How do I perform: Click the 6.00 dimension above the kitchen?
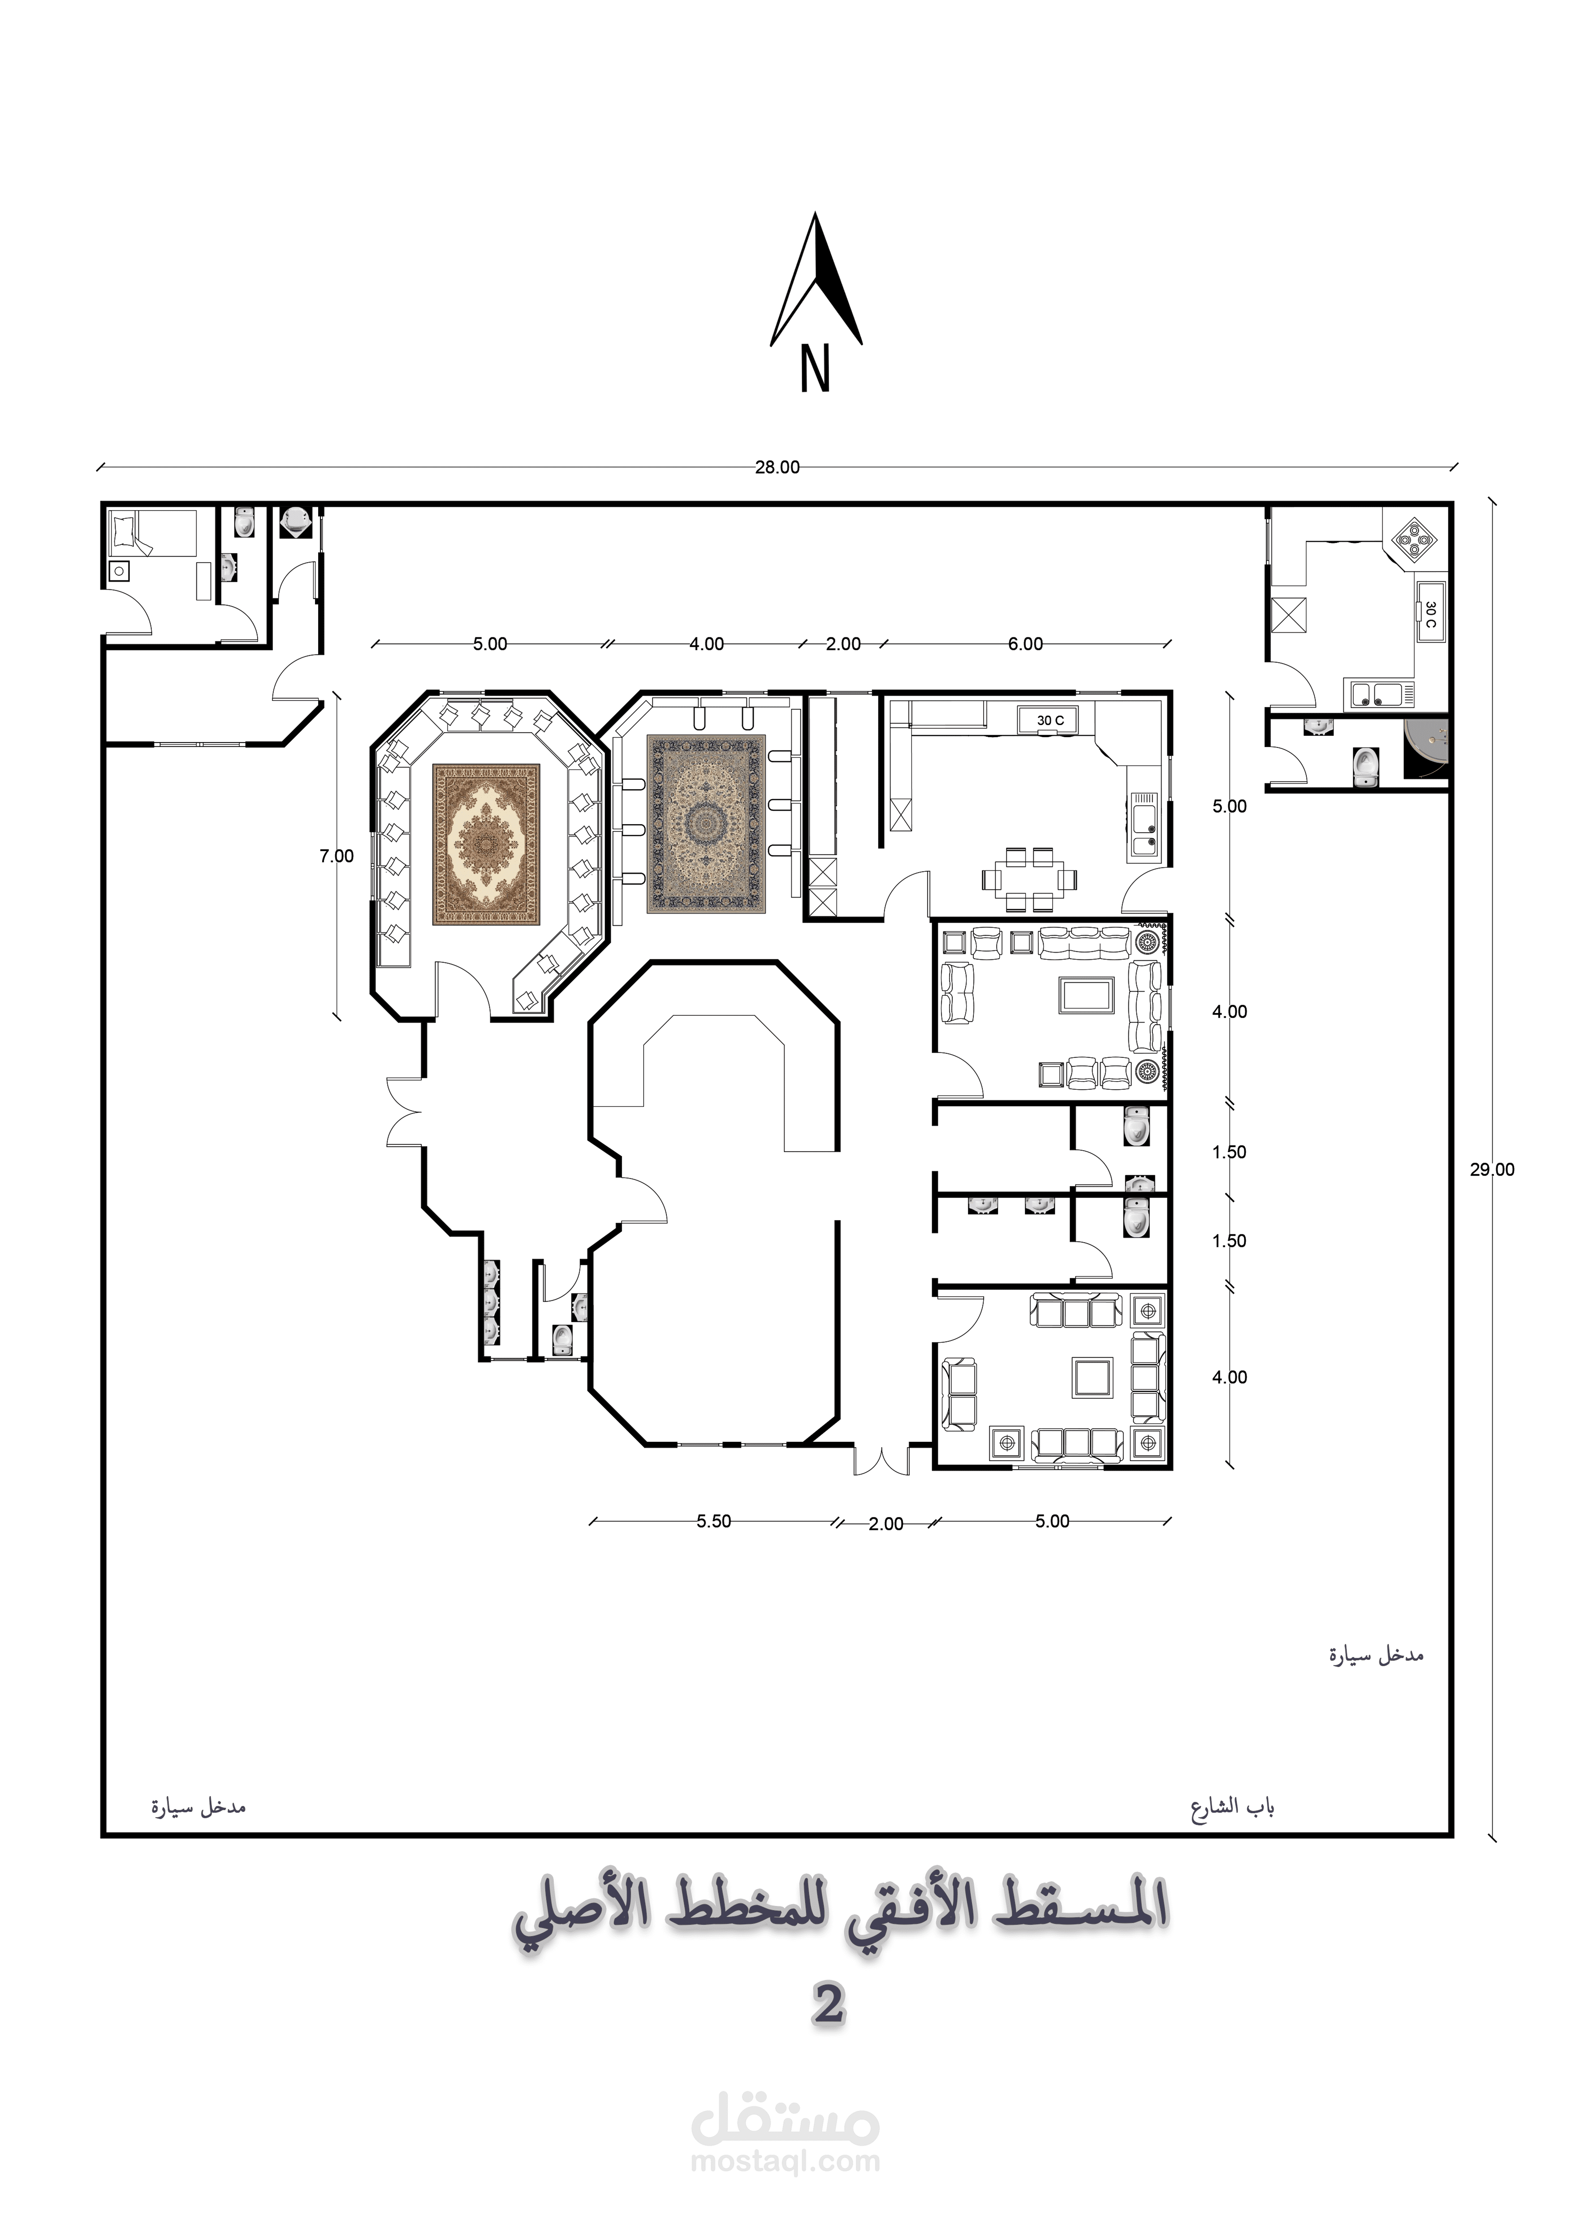coord(1025,644)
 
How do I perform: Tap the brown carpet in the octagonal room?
coord(486,844)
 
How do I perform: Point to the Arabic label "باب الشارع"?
coord(1232,1807)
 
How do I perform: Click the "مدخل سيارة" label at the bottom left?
coord(199,1807)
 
